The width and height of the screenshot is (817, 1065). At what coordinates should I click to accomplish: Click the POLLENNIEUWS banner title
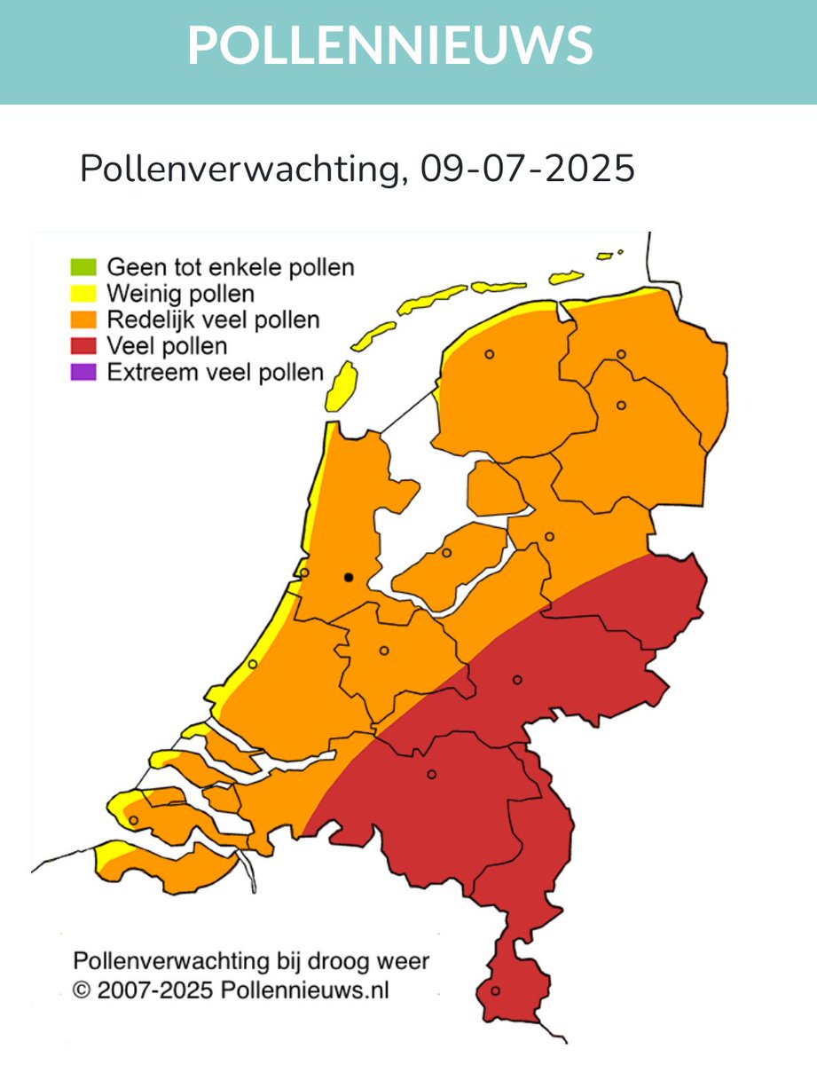[390, 44]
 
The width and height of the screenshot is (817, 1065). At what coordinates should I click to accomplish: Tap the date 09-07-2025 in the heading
[528, 168]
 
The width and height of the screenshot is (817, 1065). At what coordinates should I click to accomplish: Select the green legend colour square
[82, 267]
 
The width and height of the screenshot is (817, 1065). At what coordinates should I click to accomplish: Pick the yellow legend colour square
[82, 293]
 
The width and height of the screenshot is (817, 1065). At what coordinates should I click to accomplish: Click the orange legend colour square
[82, 319]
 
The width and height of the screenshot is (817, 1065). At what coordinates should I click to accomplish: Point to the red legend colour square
[82, 346]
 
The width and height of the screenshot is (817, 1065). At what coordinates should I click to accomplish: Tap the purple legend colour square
[82, 373]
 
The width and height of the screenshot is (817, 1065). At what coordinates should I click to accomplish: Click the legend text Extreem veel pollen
[216, 373]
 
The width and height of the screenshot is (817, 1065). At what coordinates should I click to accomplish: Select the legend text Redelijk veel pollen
[213, 319]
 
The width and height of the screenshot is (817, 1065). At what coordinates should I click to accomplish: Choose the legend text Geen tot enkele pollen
[230, 267]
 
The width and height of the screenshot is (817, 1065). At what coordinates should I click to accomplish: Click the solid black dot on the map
[349, 578]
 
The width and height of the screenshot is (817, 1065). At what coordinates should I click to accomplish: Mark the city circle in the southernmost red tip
[496, 990]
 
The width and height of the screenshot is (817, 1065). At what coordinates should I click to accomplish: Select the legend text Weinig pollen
[180, 293]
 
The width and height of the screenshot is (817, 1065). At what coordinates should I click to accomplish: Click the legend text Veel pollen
[167, 346]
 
